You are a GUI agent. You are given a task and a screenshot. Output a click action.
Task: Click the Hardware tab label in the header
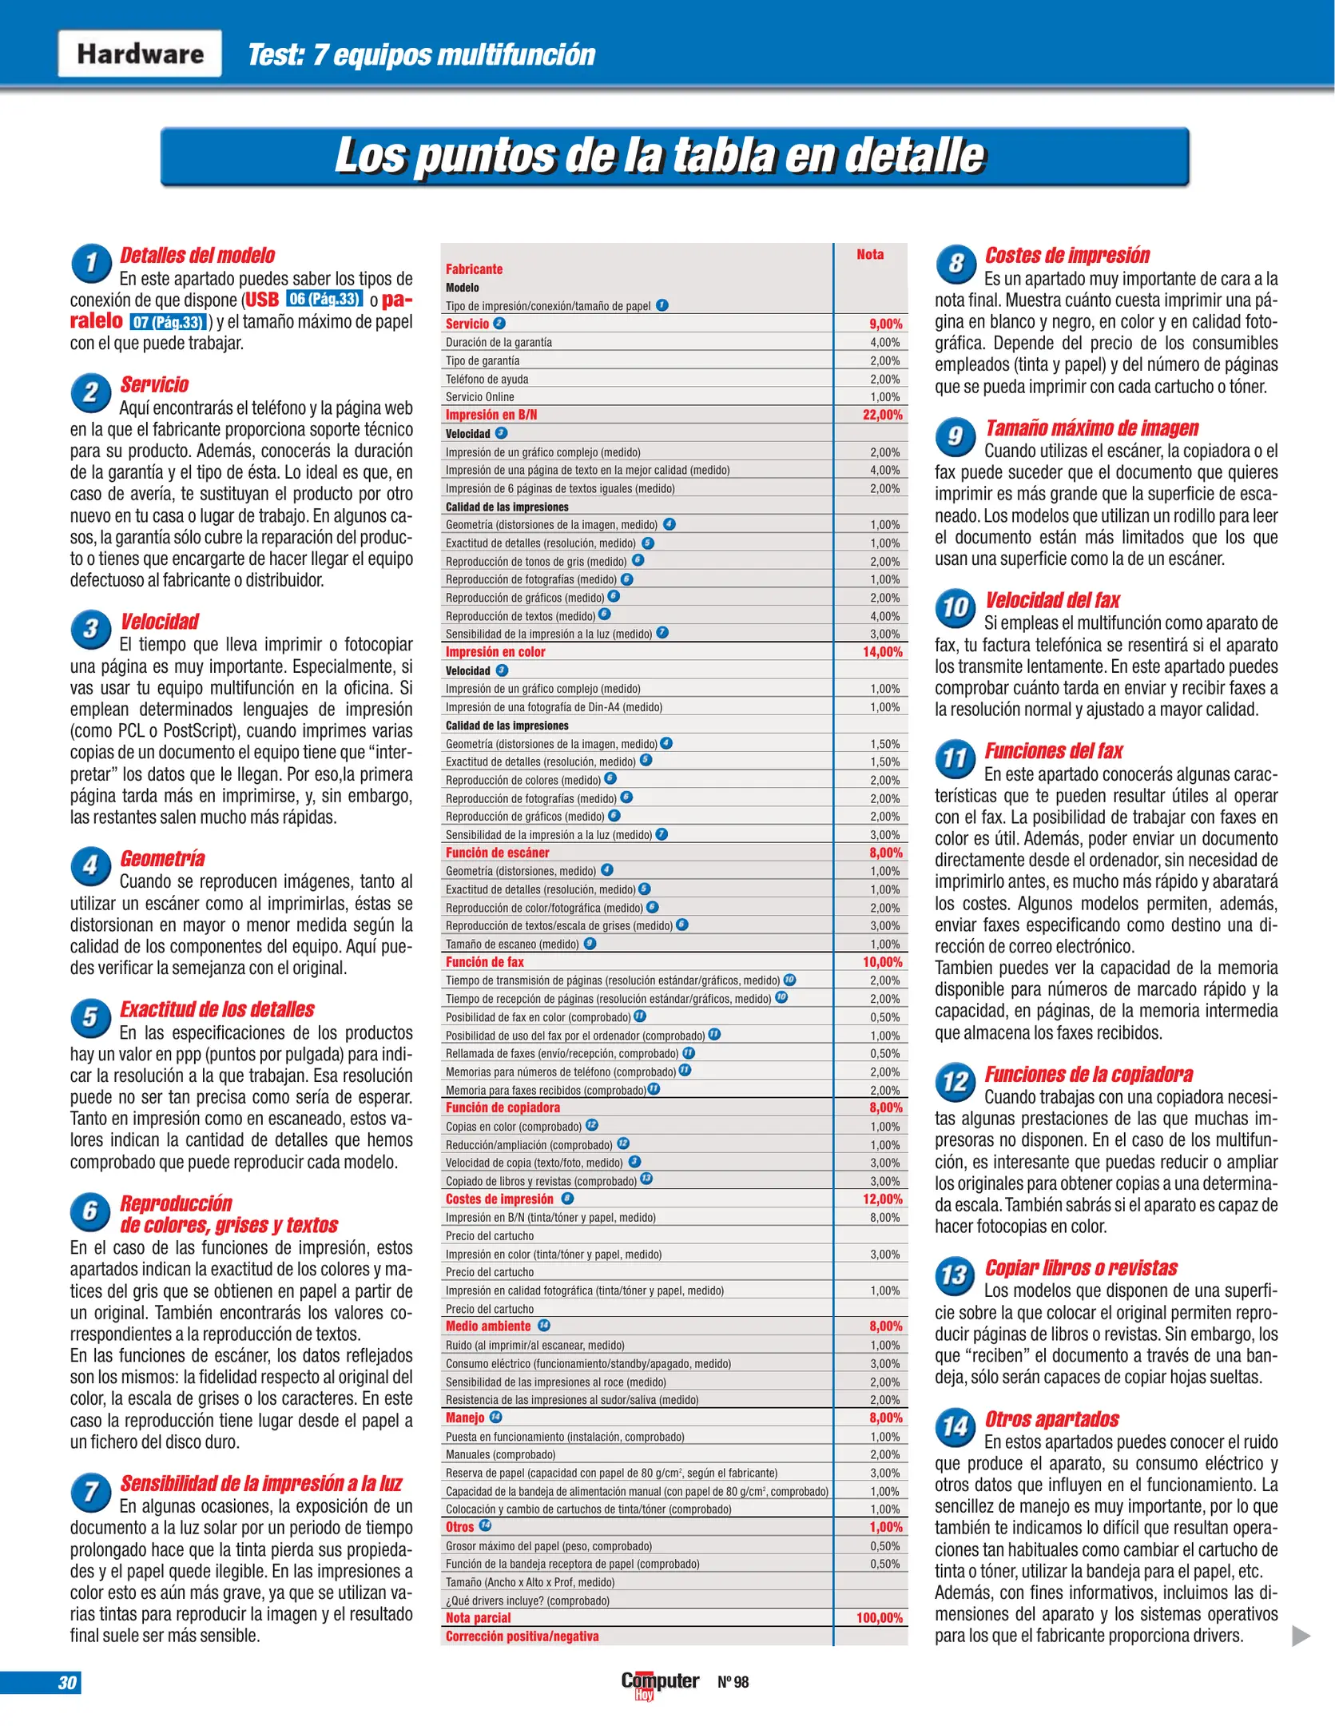click(x=140, y=54)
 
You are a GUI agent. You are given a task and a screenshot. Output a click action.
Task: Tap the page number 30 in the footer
click(x=67, y=1682)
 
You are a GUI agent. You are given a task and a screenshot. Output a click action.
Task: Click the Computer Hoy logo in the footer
click(x=660, y=1684)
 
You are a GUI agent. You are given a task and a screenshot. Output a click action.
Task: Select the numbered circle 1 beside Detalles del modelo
click(x=91, y=263)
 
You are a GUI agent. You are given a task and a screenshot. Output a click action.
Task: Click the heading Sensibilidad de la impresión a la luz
click(x=261, y=1483)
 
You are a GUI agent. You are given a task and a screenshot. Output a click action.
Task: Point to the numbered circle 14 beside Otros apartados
click(x=956, y=1426)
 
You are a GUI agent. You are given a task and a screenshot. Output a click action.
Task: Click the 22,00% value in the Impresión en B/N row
click(x=882, y=415)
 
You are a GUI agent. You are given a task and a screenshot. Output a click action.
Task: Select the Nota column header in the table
click(x=870, y=254)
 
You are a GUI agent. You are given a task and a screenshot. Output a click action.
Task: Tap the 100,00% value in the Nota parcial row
click(x=879, y=1617)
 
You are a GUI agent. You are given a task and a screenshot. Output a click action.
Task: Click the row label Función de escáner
click(x=497, y=853)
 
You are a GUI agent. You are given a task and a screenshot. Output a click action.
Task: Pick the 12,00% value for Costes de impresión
click(x=882, y=1199)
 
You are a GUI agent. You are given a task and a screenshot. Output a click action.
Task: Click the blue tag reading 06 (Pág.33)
click(x=324, y=300)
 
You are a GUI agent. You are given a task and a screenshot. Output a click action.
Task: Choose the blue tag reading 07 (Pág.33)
click(x=169, y=322)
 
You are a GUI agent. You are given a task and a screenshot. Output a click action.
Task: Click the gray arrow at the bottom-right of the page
click(x=1301, y=1636)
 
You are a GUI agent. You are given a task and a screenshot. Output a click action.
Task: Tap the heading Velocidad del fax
click(x=1052, y=600)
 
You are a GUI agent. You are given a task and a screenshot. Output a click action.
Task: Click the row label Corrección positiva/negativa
click(x=522, y=1636)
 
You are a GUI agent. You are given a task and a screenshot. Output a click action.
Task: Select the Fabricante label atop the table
click(x=474, y=269)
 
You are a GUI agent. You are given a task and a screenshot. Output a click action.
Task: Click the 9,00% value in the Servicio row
click(x=885, y=324)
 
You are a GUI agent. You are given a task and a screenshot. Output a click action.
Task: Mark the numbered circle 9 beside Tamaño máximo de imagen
click(x=956, y=435)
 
